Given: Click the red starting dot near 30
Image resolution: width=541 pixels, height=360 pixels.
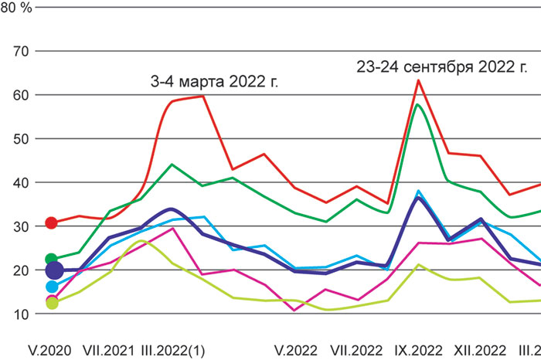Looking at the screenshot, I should (x=53, y=222).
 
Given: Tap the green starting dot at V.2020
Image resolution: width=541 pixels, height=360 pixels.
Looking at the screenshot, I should (x=53, y=260).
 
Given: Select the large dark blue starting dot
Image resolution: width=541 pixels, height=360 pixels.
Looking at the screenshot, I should (x=54, y=270).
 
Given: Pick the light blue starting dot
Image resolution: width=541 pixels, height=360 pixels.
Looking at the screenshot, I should (x=53, y=287).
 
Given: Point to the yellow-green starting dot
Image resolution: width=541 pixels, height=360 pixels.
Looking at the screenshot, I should (x=53, y=303).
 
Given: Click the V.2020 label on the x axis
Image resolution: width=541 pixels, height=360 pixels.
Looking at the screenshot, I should (x=49, y=348).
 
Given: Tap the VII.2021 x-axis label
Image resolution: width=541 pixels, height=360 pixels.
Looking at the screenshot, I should (x=107, y=348).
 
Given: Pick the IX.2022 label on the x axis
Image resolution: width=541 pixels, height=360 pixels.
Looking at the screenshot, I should (x=418, y=348).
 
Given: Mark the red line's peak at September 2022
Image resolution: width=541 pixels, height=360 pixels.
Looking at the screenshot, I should (x=418, y=80).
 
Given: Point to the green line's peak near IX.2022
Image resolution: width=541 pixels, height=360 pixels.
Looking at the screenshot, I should (x=418, y=104).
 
